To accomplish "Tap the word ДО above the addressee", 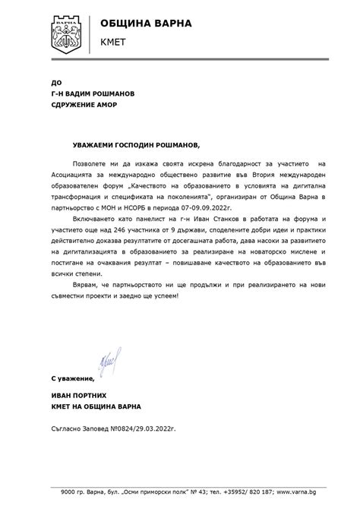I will point(55,81).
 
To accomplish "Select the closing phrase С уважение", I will point(73,378).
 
